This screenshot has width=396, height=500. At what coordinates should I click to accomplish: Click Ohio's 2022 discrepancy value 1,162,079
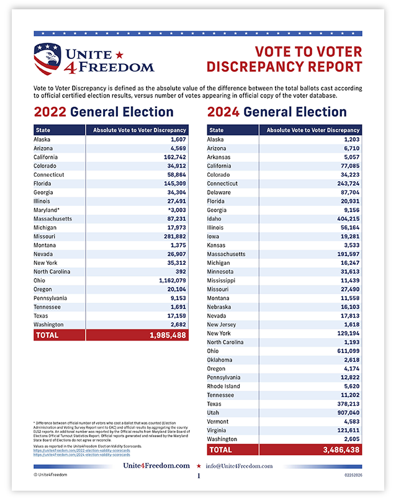[x=167, y=280]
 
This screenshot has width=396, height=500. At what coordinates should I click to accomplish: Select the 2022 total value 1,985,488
[x=163, y=335]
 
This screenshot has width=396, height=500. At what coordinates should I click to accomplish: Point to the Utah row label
[x=214, y=413]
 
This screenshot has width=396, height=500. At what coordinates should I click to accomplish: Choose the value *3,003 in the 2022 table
[x=173, y=210]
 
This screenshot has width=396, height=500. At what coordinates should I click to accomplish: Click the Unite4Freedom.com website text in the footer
[x=156, y=466]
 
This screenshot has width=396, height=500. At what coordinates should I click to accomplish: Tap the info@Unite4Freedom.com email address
[x=240, y=466]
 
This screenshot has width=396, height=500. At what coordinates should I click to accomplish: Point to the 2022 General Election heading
[x=104, y=112]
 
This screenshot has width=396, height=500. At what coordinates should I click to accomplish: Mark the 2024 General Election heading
[x=277, y=112]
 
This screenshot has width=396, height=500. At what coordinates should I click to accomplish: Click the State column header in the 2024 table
[x=217, y=130]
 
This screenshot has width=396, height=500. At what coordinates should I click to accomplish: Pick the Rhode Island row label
[x=223, y=386]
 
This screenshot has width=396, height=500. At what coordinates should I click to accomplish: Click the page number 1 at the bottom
[x=198, y=476]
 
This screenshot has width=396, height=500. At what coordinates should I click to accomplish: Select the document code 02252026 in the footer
[x=351, y=475]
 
